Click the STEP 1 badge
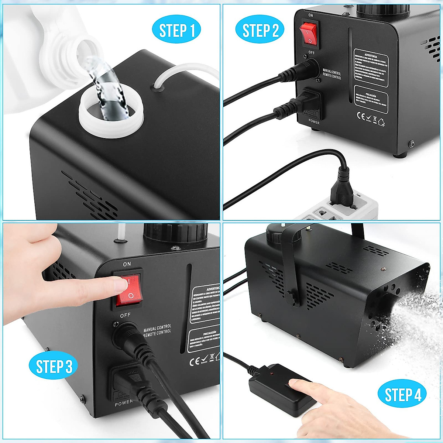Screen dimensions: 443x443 click(x=176, y=31)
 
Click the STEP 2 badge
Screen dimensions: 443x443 click(x=260, y=31)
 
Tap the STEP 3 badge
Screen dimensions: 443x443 click(x=54, y=366)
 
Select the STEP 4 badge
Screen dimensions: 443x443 click(x=402, y=395)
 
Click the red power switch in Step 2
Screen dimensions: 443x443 click(x=309, y=33)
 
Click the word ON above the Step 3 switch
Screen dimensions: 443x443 click(x=127, y=264)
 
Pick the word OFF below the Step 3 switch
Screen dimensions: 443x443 click(x=125, y=315)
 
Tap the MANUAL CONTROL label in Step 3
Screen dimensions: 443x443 click(x=157, y=327)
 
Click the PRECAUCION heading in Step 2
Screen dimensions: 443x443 click(x=370, y=89)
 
